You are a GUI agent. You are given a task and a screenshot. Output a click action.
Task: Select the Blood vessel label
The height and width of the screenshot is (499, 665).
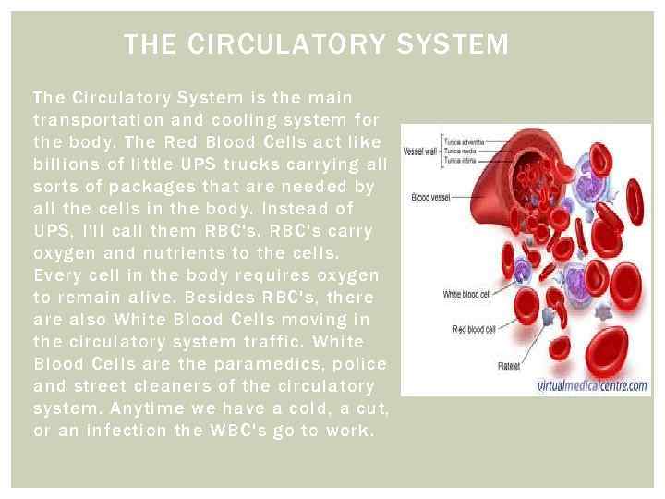coord(430,196)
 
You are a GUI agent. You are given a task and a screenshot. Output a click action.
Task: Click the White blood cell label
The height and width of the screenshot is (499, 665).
coord(467,294)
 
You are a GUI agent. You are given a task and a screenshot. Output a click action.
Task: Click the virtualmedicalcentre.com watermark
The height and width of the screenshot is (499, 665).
coord(591,386)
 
